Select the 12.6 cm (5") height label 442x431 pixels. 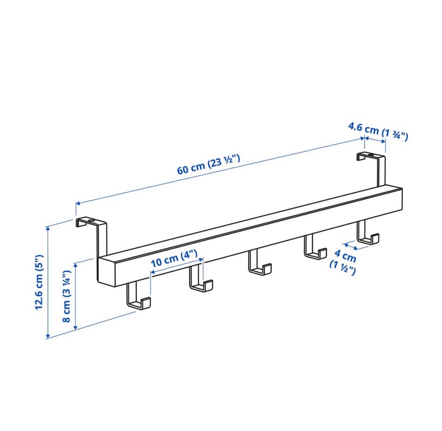(40, 282)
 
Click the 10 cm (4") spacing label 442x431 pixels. (174, 259)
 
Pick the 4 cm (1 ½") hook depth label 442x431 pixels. (343, 262)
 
